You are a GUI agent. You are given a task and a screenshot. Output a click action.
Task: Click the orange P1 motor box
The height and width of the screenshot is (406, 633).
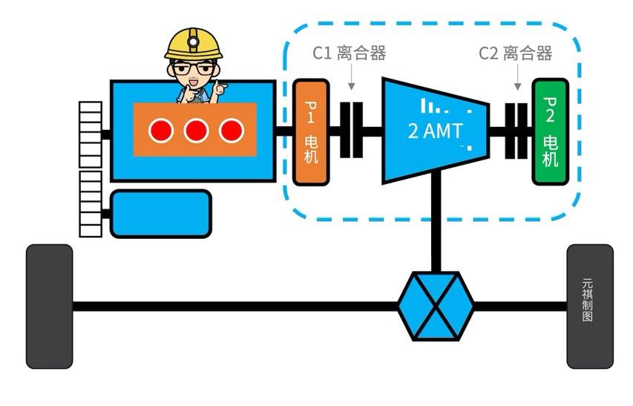[x=311, y=131]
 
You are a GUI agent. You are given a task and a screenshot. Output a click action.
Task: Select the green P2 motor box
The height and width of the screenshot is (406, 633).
[x=550, y=131]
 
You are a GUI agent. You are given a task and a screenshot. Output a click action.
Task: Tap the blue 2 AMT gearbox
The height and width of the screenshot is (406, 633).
[x=435, y=131]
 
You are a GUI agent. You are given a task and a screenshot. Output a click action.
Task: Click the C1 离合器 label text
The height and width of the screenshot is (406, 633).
[x=349, y=53]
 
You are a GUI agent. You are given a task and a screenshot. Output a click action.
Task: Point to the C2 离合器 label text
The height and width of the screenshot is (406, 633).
[x=515, y=53]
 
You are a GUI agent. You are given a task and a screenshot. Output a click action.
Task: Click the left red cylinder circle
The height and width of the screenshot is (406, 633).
[x=160, y=131]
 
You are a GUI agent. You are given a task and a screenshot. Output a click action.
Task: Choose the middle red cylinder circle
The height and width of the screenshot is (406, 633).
[x=195, y=131]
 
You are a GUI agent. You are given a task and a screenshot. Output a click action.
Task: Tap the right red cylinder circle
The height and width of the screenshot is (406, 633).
[x=231, y=131]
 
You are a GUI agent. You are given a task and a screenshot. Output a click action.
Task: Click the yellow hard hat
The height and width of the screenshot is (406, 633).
[x=194, y=43]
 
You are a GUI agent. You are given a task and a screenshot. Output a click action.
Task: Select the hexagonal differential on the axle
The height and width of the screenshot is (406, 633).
[x=436, y=305]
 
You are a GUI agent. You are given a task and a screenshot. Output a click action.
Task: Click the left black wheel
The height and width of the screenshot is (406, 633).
[x=50, y=306]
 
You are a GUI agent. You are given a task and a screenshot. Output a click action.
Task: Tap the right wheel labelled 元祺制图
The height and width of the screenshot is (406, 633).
[x=590, y=306]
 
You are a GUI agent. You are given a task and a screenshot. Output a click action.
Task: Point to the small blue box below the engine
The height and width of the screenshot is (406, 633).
[x=160, y=214]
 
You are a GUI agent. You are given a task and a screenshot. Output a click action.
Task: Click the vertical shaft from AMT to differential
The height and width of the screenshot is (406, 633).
[x=436, y=223]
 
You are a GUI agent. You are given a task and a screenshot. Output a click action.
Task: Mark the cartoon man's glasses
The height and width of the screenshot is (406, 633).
[x=194, y=71]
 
